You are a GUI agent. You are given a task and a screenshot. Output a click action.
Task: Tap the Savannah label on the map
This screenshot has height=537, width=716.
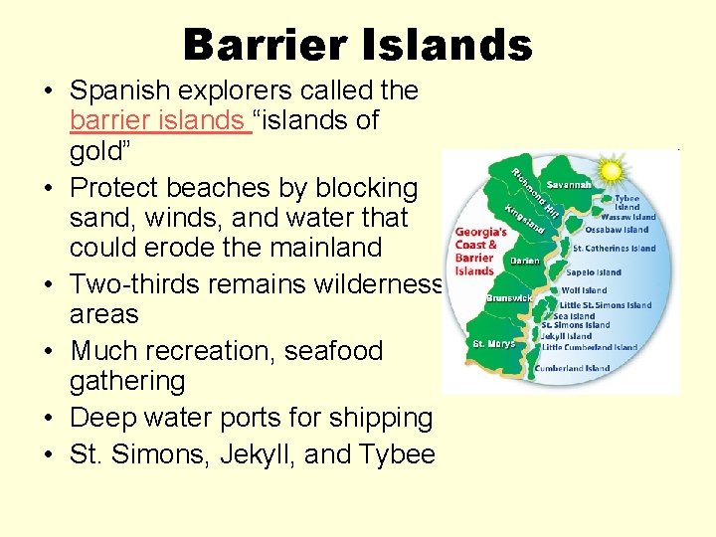tap(568, 185)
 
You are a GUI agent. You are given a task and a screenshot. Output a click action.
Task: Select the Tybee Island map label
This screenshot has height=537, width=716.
tap(626, 202)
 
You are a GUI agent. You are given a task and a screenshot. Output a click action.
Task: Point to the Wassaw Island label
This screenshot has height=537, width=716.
tap(629, 217)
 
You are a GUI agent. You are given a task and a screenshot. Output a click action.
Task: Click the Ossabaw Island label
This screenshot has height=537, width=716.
tap(617, 230)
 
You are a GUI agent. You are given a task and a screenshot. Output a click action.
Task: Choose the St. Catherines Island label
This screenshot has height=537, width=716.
tap(614, 249)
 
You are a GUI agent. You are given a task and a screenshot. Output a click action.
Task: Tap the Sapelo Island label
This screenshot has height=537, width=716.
tap(593, 271)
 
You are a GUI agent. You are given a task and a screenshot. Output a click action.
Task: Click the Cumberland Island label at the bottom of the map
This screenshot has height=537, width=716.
tap(572, 368)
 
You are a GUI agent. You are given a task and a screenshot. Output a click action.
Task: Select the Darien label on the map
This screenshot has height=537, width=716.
tap(524, 261)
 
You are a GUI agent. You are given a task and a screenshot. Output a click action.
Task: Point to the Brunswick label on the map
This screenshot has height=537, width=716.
tap(508, 297)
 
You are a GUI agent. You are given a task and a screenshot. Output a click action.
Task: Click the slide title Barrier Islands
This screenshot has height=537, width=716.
tap(357, 45)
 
